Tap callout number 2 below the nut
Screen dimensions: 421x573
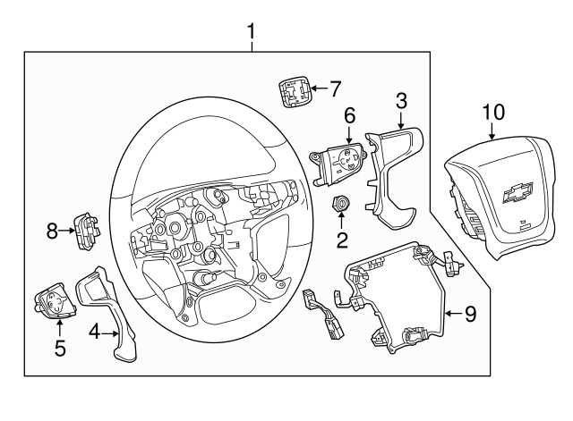[x=341, y=240]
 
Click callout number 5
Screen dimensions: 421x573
[x=60, y=347]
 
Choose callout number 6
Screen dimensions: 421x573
[x=348, y=114]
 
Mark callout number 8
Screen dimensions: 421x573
[x=53, y=232]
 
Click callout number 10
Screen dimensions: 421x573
[x=493, y=112]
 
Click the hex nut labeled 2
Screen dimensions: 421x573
[x=341, y=205]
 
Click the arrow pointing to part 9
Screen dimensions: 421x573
[x=452, y=313]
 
